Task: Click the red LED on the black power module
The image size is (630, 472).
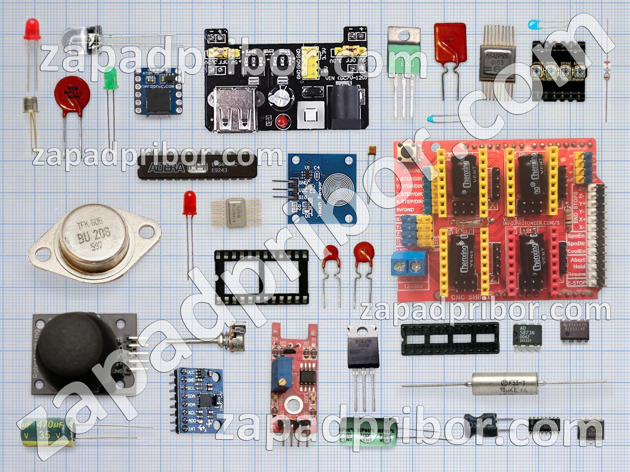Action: click(x=281, y=122)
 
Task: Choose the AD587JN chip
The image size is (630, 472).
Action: click(x=527, y=335)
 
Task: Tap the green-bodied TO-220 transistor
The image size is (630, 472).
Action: click(x=401, y=61)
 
